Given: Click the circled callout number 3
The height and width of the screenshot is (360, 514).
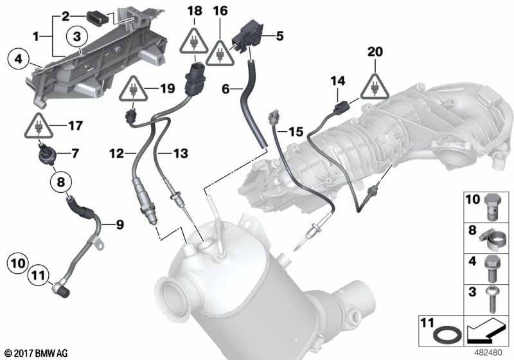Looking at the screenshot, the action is click(x=76, y=37).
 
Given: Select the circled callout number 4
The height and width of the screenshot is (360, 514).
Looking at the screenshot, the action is click(x=19, y=59).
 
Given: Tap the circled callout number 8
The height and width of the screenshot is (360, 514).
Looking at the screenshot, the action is click(x=61, y=182).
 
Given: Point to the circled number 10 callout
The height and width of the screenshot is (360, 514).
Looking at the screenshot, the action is click(x=18, y=264).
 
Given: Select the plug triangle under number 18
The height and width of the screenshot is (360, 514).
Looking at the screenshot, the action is click(x=194, y=41).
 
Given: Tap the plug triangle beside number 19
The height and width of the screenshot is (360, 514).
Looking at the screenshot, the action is click(x=133, y=89).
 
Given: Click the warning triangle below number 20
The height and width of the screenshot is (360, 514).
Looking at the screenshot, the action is click(x=375, y=87).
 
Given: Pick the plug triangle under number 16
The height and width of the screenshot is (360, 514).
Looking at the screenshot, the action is click(x=220, y=53).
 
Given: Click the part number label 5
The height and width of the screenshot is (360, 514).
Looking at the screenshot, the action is click(x=279, y=36).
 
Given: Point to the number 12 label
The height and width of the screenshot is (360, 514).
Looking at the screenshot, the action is click(x=117, y=154).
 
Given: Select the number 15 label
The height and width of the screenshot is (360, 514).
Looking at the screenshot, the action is click(x=296, y=132).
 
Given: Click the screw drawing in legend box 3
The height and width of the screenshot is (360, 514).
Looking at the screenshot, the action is click(x=491, y=300).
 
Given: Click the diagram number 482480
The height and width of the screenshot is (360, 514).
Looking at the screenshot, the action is click(x=488, y=353).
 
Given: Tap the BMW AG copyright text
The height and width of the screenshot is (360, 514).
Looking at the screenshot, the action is click(x=37, y=354).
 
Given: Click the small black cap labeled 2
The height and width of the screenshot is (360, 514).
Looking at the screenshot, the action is click(x=98, y=17).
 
